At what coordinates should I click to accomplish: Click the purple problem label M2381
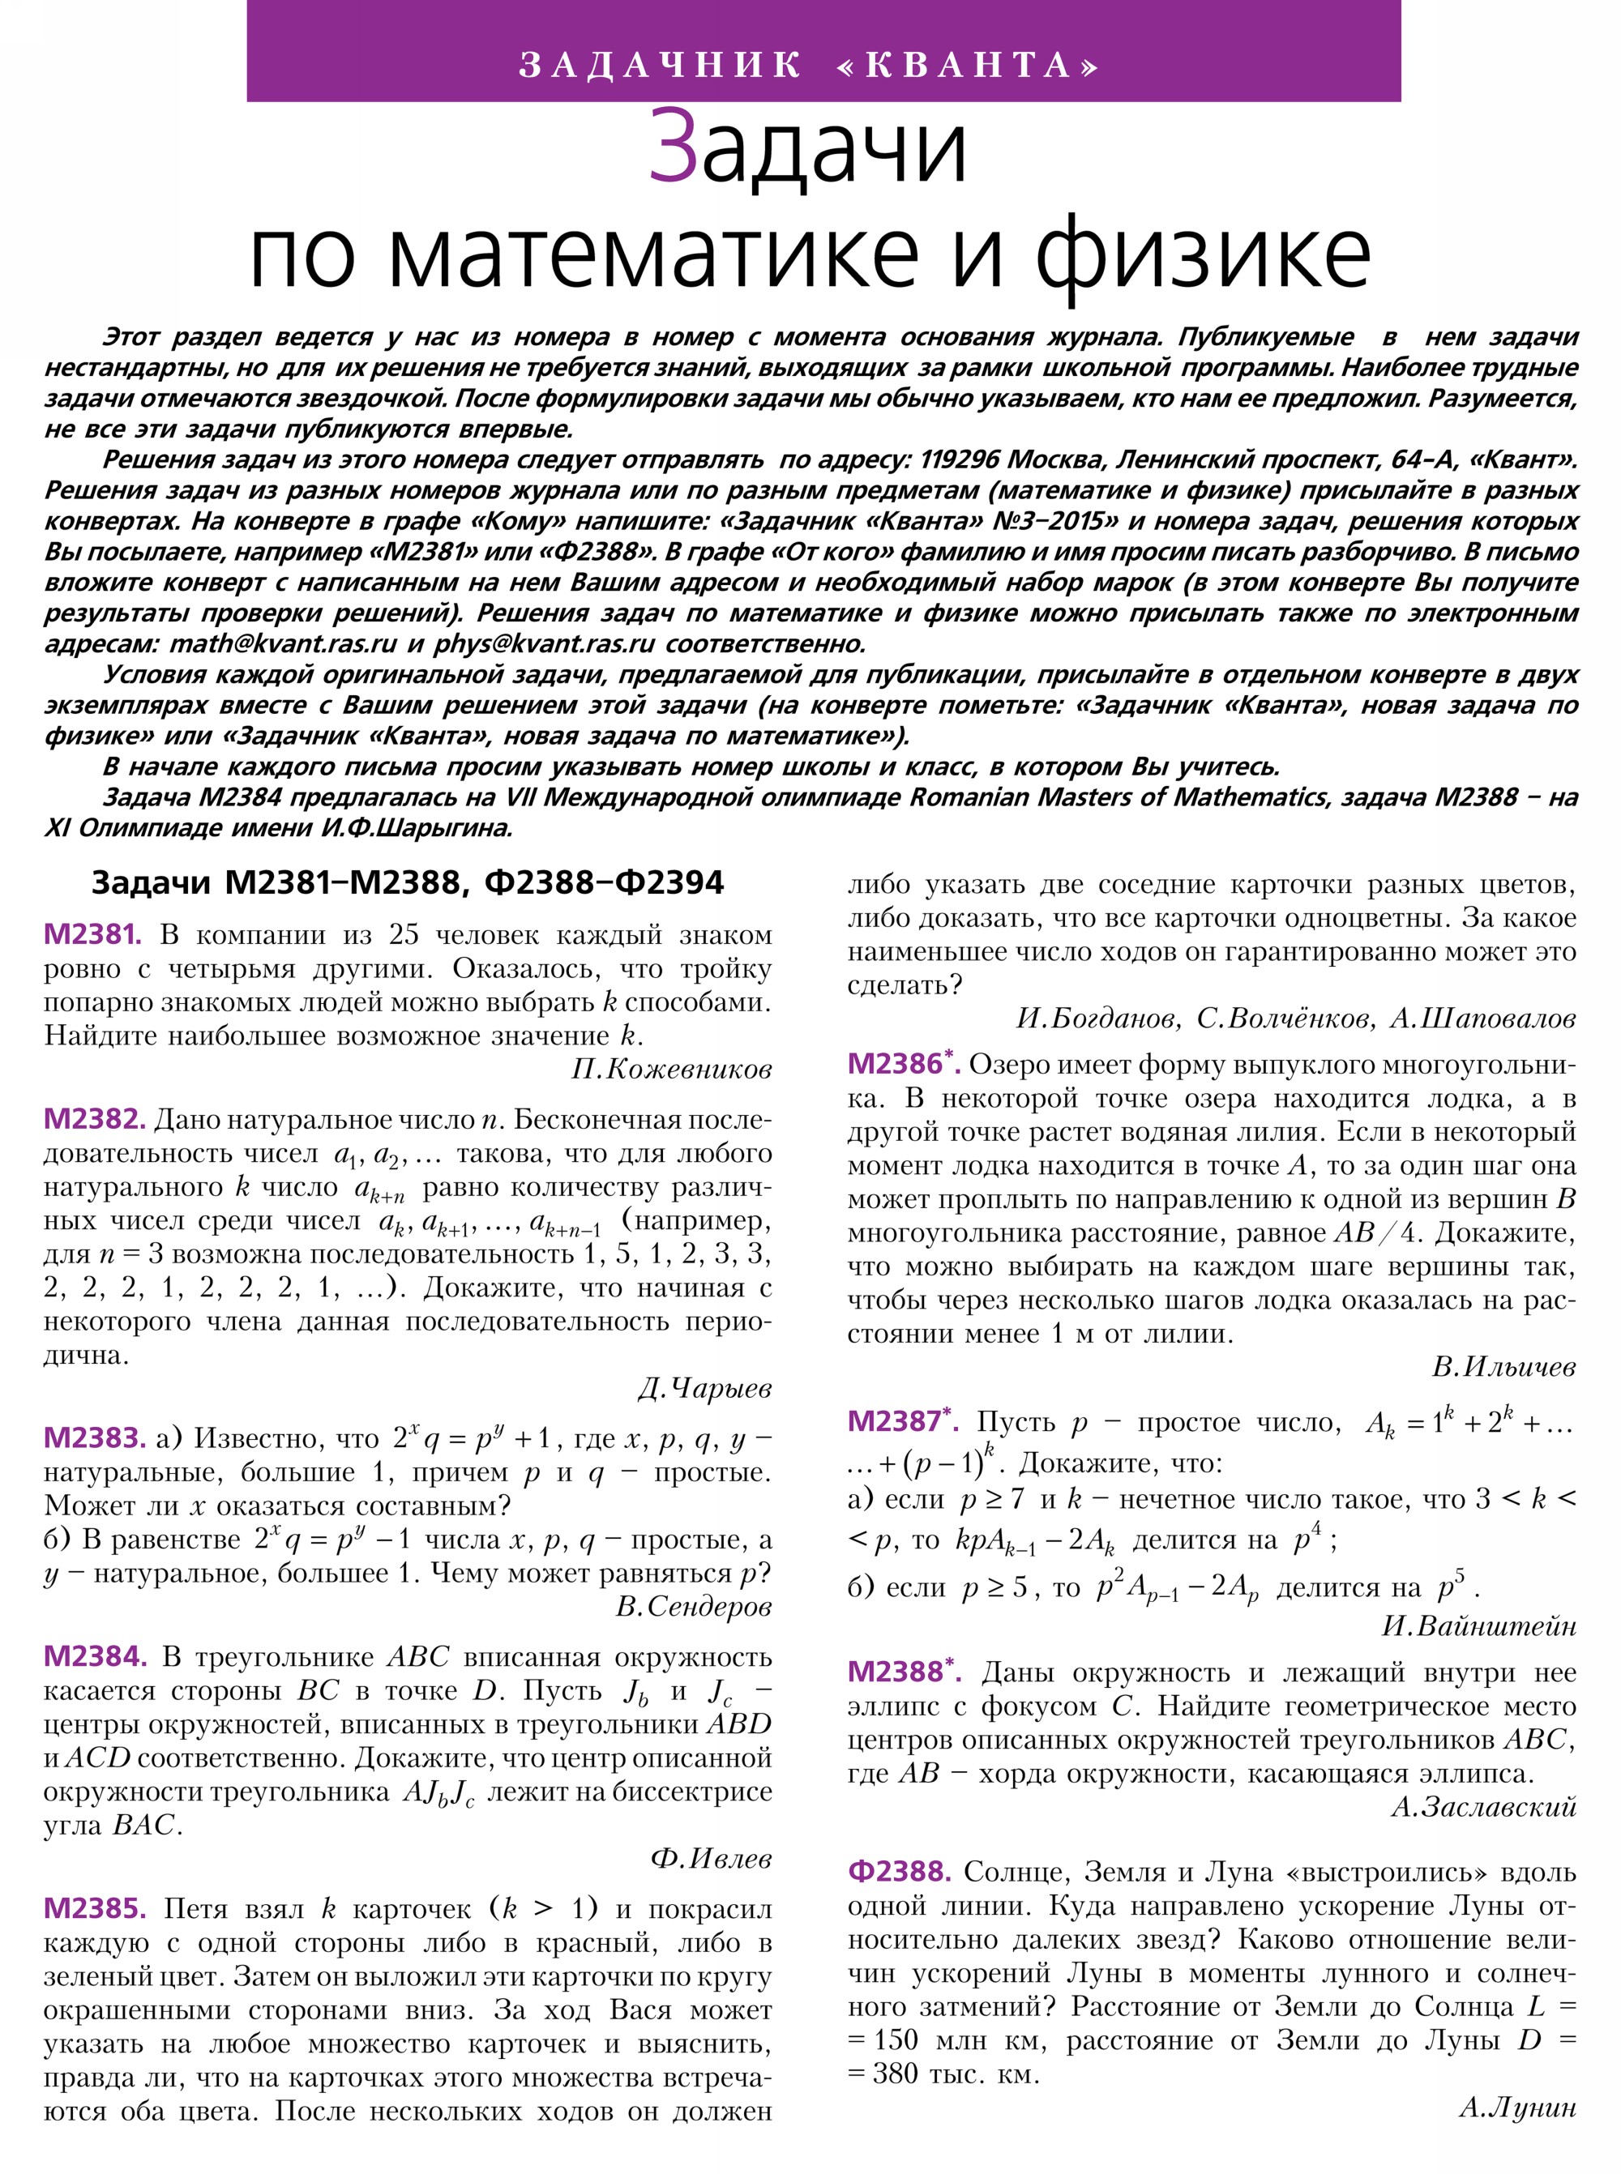point(92,934)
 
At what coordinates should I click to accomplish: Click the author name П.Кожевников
point(671,1070)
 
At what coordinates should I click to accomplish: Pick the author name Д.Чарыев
point(704,1388)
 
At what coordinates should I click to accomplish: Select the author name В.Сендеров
point(693,1607)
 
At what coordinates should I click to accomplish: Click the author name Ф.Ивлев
point(711,1859)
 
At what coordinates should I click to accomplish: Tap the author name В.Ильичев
point(1503,1367)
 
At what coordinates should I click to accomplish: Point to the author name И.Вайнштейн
point(1478,1626)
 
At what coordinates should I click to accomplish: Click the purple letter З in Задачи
point(674,147)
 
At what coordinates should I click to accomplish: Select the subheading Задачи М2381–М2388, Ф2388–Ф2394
point(407,883)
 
